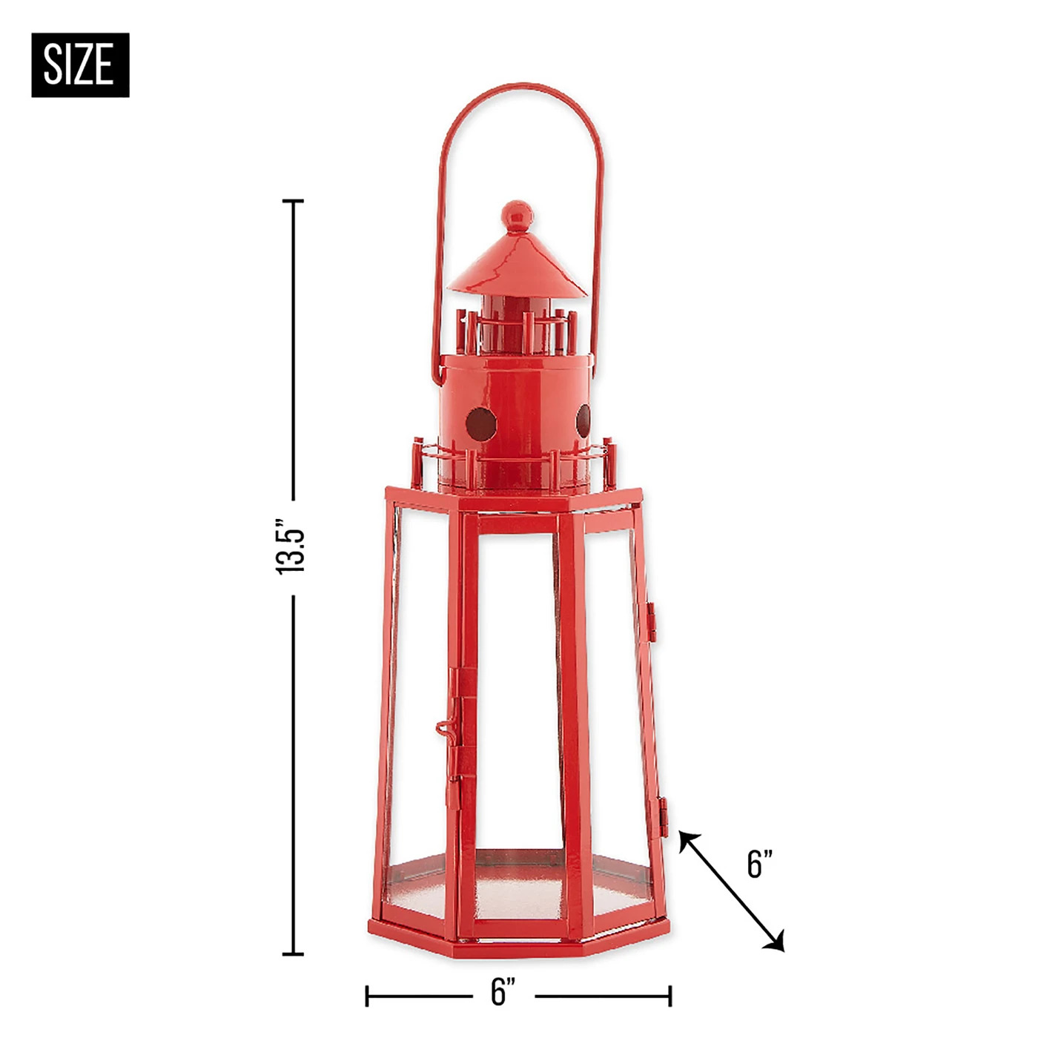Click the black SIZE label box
coord(80,65)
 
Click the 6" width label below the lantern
coord(503,991)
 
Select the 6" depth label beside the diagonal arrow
coord(760,864)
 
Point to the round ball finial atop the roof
coord(517,216)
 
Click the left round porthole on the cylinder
coord(480,423)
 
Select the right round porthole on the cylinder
coord(584,420)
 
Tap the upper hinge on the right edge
coord(652,621)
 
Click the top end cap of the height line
coord(294,201)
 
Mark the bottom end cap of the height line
coord(294,953)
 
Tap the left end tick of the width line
coord(367,996)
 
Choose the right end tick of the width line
coord(670,996)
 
